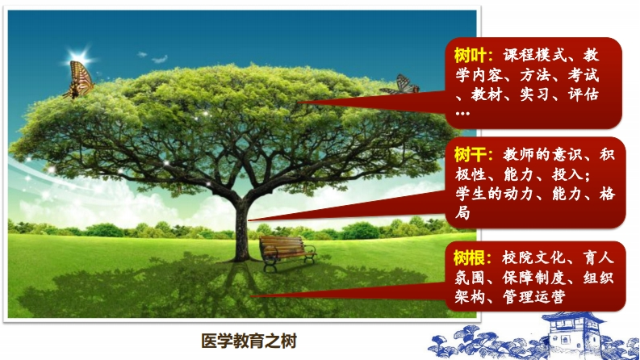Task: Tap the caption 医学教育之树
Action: pyautogui.click(x=249, y=341)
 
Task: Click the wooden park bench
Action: pyautogui.click(x=287, y=252)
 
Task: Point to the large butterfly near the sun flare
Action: pyautogui.click(x=79, y=80)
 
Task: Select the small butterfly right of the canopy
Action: pyautogui.click(x=400, y=85)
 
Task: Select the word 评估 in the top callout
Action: pyautogui.click(x=584, y=94)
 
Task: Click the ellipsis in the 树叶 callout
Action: pyautogui.click(x=462, y=114)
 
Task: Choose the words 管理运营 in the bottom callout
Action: pyautogui.click(x=534, y=297)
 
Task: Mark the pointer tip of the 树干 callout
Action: pyautogui.click(x=248, y=220)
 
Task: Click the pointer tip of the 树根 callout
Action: pyautogui.click(x=251, y=296)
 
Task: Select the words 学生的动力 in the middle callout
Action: pyautogui.click(x=495, y=194)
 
